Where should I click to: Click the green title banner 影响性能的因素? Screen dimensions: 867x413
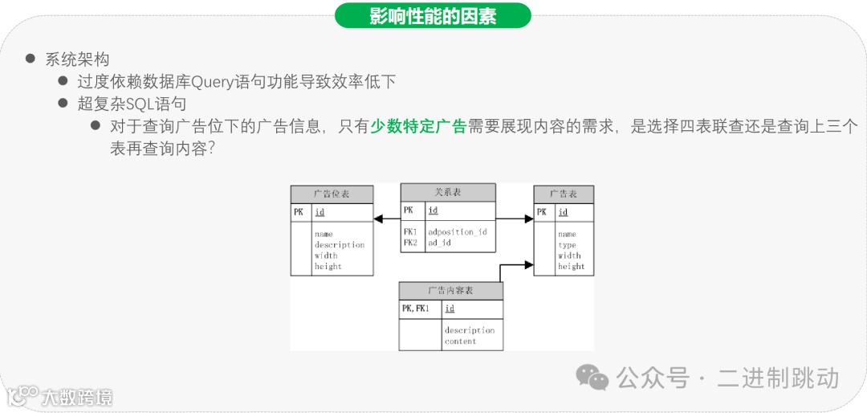433,15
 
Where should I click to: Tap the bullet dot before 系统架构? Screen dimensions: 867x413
31,59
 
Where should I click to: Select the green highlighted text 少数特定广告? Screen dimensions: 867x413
418,126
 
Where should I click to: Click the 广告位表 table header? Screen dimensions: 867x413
332,194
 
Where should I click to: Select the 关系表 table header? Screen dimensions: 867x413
448,192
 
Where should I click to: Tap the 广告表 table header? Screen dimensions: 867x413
564,194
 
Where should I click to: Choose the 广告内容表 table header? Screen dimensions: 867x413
450,290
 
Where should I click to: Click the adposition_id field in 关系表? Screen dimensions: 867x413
458,231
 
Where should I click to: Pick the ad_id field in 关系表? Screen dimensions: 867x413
439,242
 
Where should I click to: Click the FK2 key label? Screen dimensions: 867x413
410,242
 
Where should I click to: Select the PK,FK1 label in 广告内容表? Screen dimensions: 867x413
415,309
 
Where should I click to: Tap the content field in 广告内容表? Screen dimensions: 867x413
461,341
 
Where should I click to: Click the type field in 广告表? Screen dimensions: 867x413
567,245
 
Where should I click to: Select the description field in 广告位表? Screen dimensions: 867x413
340,245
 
